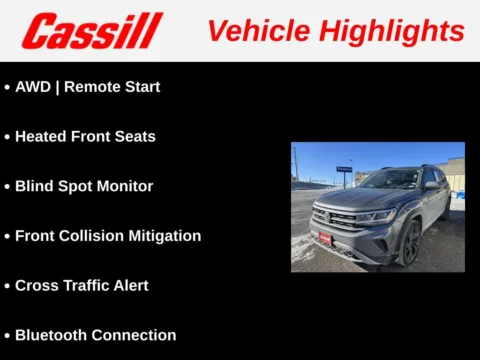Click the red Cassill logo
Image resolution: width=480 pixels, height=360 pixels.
(x=91, y=31)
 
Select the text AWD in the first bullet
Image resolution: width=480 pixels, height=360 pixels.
(x=33, y=87)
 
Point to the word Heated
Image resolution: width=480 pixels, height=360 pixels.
(x=41, y=136)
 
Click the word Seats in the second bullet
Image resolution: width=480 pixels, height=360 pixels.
(x=134, y=136)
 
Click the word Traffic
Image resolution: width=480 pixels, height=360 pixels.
(x=85, y=285)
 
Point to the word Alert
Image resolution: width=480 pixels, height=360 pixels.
(x=130, y=285)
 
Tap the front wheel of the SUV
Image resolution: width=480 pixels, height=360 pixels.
(x=409, y=242)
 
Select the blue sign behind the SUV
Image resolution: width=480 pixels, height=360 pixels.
(x=344, y=169)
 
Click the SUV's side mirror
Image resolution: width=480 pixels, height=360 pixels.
(x=430, y=187)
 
